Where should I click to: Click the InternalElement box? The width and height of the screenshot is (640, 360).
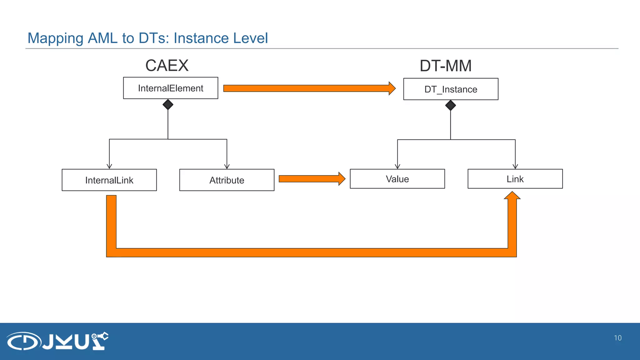tap(171, 88)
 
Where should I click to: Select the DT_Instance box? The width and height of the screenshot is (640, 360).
tap(451, 89)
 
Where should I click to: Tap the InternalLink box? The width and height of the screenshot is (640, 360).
tap(109, 180)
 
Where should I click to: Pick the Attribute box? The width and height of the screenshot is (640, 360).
tap(227, 180)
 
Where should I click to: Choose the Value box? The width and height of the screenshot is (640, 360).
tap(397, 179)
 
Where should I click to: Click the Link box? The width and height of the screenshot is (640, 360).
tap(515, 179)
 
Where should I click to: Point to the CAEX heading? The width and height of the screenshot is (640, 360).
tap(167, 66)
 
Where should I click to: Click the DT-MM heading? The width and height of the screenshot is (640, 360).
tap(445, 66)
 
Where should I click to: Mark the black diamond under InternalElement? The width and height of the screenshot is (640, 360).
tap(168, 104)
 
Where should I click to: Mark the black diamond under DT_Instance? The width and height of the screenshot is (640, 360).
tap(450, 105)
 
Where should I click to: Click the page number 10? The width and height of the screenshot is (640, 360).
tap(617, 338)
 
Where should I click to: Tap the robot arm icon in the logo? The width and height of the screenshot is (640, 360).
tap(100, 341)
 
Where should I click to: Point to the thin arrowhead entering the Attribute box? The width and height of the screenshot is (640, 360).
tap(227, 167)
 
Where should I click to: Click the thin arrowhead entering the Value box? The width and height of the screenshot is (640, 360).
tap(397, 167)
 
